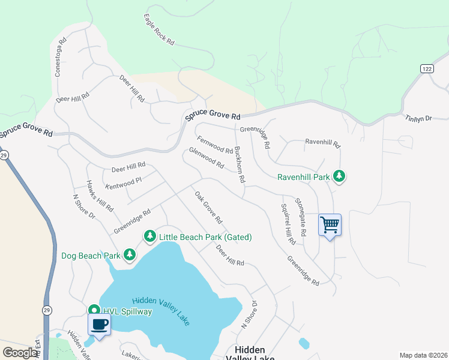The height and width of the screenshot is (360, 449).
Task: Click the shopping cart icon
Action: [x=330, y=225]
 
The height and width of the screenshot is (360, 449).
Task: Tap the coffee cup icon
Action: [x=99, y=325]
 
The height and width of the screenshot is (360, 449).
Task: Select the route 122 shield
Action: [x=426, y=69]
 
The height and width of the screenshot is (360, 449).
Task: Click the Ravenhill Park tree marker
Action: [x=340, y=176]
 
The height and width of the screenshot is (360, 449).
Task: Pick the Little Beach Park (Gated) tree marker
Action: [x=149, y=237]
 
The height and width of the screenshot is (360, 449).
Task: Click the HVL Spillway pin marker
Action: [x=94, y=311]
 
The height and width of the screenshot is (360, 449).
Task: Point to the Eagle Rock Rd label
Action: [x=159, y=30]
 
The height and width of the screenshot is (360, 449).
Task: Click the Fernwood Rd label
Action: [x=215, y=146]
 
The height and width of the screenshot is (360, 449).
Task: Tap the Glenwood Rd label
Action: [x=206, y=158]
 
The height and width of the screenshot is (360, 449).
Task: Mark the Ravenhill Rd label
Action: [x=322, y=143]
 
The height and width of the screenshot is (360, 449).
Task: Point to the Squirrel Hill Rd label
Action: [x=288, y=224]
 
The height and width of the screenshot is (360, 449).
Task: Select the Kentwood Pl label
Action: [x=122, y=179]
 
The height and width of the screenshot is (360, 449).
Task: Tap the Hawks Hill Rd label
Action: [x=100, y=196]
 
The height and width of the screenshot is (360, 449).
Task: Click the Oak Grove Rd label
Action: [x=208, y=208]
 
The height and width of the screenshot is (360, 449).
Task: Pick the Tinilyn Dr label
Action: [x=418, y=119]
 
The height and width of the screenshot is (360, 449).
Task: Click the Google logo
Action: [x=20, y=353]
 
